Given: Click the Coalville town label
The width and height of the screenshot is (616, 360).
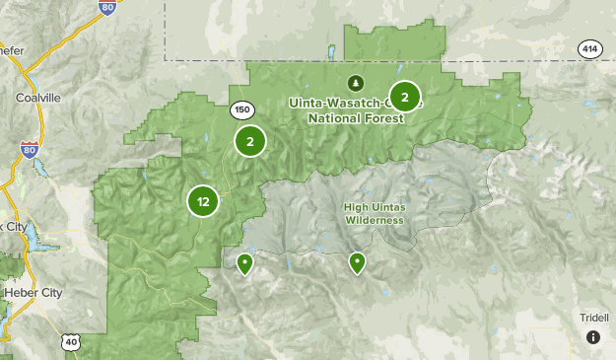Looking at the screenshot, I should coord(37,98).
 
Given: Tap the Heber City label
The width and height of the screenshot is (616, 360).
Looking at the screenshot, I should coord(33,293).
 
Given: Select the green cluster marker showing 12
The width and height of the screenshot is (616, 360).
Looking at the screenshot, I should coord(203,202).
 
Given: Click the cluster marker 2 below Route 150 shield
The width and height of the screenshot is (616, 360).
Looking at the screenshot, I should coord(250,142).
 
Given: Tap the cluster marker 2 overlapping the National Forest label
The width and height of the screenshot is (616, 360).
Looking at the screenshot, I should coord(404,97).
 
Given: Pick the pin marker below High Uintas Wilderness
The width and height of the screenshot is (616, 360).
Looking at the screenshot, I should coord(357,262).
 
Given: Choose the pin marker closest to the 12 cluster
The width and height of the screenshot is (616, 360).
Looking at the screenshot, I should coord(244,262).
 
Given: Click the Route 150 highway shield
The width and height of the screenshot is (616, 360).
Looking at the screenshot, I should coord(240,108).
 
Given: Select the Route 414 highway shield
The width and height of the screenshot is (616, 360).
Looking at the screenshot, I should coord(589,49).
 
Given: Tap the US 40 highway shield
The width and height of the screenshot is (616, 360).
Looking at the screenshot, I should coord(69,340).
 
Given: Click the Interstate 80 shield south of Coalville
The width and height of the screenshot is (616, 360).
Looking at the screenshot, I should coord(29,150).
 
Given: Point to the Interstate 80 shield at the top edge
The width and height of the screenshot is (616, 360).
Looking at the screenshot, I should coord(106,8).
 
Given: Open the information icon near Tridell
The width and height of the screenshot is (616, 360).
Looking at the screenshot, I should coord(593,337).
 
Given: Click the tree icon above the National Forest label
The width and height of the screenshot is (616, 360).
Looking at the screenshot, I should coord(355,83).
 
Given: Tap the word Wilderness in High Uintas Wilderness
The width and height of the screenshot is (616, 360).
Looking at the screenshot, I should coord(375,220).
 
